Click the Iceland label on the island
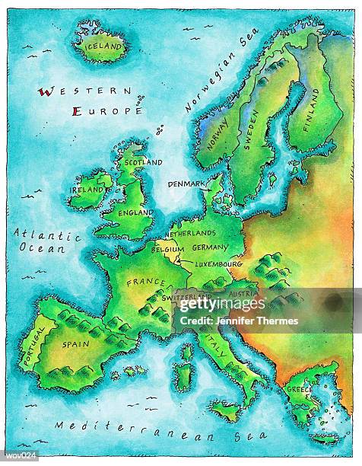pos(103,46)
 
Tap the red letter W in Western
pos(45,92)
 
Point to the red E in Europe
pos(76,111)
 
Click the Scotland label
pos(143,162)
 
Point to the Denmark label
pos(187,184)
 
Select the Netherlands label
pos(193,234)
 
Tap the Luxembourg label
pos(218,264)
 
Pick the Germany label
pos(210,247)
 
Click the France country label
pos(144,282)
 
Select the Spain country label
pos(75,344)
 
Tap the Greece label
pos(298,389)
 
